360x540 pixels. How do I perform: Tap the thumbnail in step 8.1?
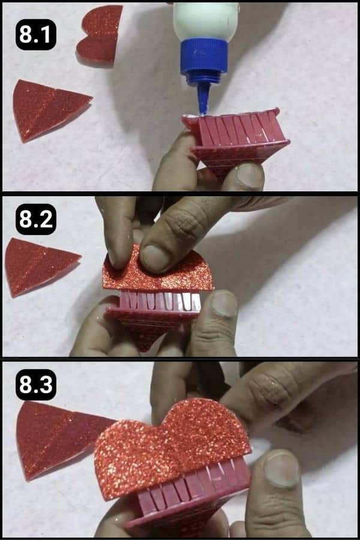point(249,176)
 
